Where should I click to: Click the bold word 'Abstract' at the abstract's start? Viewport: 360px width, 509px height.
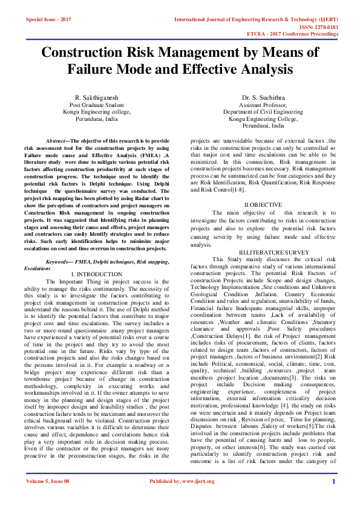click(x=58, y=140)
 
